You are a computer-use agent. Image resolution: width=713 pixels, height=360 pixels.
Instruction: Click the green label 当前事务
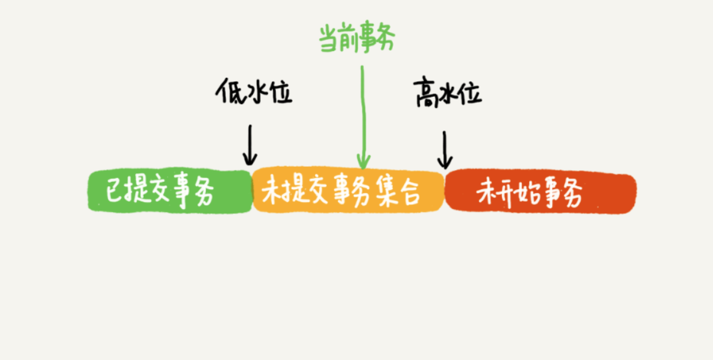pos(356,39)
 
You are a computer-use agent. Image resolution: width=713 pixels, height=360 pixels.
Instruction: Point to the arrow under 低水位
pos(250,145)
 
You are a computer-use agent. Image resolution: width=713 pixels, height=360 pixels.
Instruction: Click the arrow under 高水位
pos(444,149)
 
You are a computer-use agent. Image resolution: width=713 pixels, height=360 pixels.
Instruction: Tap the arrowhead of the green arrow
pos(363,162)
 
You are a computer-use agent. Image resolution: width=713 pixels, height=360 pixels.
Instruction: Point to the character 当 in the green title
pos(329,39)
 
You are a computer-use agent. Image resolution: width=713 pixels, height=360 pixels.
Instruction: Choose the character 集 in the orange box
pos(384,192)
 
